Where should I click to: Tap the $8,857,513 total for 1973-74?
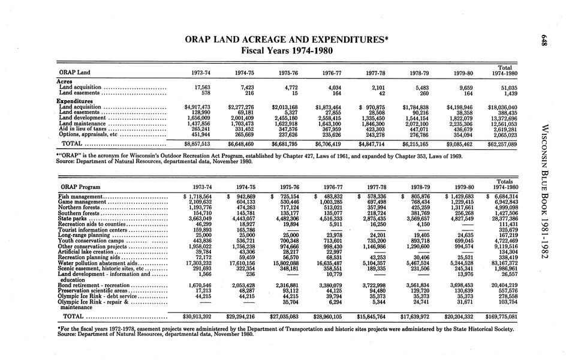point(192,145)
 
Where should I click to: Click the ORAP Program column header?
point(78,187)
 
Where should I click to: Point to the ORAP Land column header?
point(72,74)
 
